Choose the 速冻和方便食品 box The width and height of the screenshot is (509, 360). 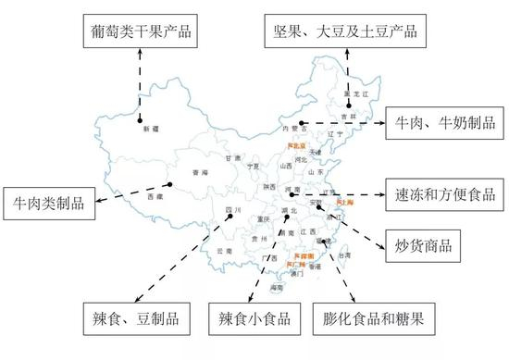pos(442,195)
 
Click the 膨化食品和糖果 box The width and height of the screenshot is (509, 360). pos(373,319)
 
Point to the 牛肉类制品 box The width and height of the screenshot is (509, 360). pos(49,201)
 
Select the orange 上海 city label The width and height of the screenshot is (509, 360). pos(344,201)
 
